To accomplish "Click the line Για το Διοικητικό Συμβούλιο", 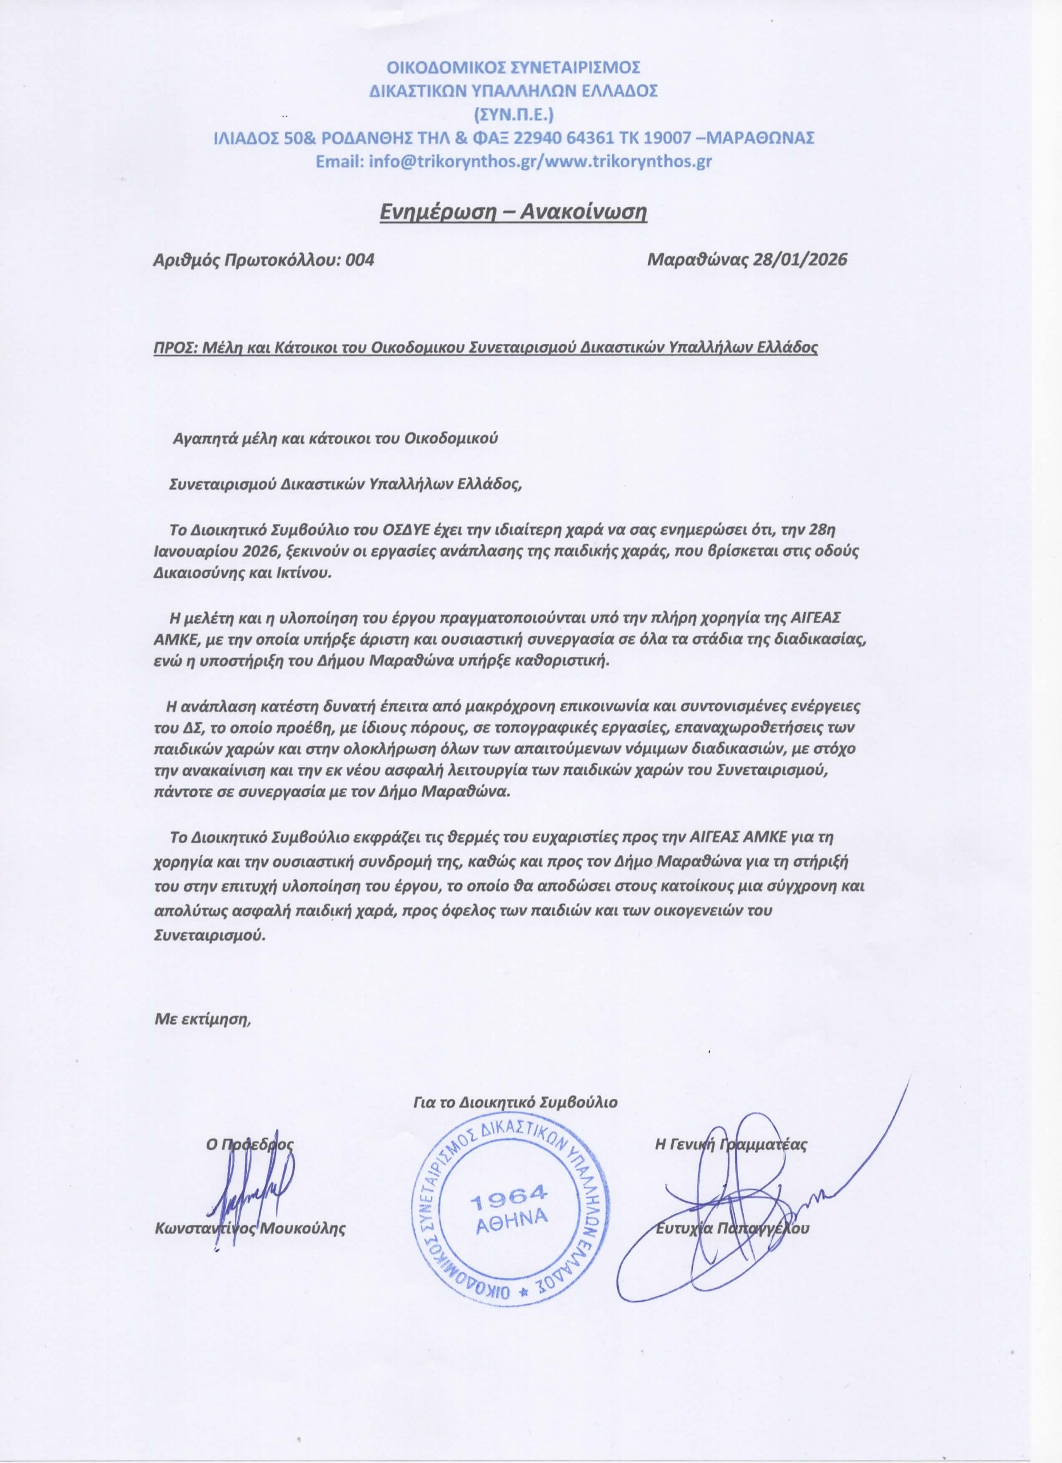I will point(515,1102).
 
